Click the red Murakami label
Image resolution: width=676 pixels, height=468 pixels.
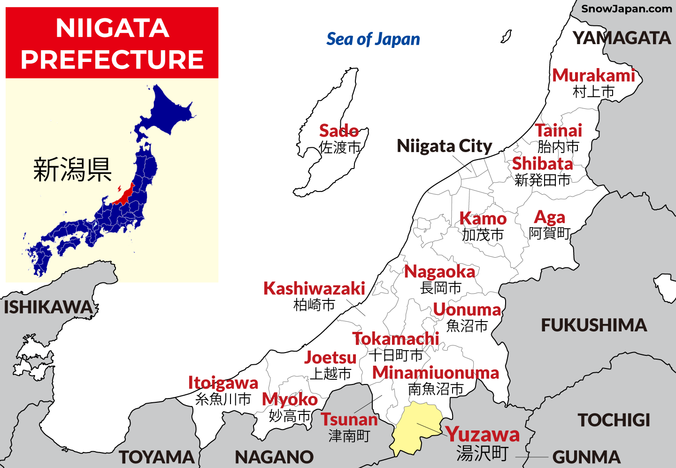pos(593,75)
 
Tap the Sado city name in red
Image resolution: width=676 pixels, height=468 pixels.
pos(339,130)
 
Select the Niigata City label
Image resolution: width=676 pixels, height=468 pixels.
pos(444,146)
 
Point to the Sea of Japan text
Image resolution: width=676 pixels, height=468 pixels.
pos(373,39)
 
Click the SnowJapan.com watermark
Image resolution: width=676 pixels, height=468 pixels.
pos(626,8)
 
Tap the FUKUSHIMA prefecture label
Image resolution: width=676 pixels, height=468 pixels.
pos(594,325)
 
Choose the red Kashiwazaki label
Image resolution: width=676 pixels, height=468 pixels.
pos(314,288)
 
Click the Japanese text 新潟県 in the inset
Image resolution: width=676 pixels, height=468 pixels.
pos(72,169)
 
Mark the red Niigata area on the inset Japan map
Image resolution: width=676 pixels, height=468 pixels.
pos(124,194)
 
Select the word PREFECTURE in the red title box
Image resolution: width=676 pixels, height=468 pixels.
pos(112,60)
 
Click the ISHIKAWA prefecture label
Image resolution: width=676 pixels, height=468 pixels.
pos(48,307)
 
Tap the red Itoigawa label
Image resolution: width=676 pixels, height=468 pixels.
pos(223,383)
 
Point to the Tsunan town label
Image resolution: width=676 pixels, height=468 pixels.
pos(349,419)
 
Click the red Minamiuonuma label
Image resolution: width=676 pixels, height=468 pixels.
pos(436,373)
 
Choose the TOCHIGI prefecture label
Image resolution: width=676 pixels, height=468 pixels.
pos(614,420)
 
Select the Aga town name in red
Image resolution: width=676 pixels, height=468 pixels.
pos(549,217)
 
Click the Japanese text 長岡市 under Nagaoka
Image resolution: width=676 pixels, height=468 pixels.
pos(440,288)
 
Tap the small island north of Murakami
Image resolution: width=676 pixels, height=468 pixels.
pos(506,36)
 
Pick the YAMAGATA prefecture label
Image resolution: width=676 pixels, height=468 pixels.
pos(622,38)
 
